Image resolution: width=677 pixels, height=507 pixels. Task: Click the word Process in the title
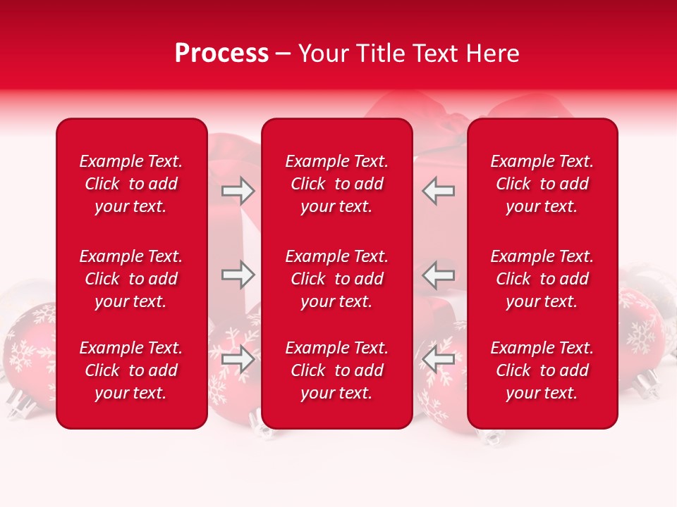[x=221, y=54]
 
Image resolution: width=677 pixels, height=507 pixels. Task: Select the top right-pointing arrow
[x=238, y=191]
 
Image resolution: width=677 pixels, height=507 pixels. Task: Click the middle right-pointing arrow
[x=238, y=275]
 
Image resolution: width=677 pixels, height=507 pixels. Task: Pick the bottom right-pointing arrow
[x=238, y=359]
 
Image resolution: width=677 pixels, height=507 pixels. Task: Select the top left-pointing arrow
[x=439, y=191]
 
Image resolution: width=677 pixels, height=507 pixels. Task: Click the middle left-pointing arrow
[x=439, y=275]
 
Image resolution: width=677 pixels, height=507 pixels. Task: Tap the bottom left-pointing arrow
[x=439, y=359]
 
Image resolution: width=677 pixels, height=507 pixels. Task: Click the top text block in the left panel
[x=131, y=184]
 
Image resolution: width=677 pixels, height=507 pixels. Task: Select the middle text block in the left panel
[x=131, y=279]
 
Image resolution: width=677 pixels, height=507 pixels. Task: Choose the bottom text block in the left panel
[x=131, y=370]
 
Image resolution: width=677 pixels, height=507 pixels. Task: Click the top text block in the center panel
[x=336, y=184]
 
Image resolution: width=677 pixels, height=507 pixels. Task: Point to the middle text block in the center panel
[x=336, y=279]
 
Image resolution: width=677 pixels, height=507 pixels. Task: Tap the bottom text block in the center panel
[x=336, y=370]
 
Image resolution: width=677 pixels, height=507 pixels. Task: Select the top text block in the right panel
[x=542, y=184]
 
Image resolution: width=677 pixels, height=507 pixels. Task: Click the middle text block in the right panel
[x=542, y=279]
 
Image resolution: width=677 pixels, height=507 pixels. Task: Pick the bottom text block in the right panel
[x=542, y=370]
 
